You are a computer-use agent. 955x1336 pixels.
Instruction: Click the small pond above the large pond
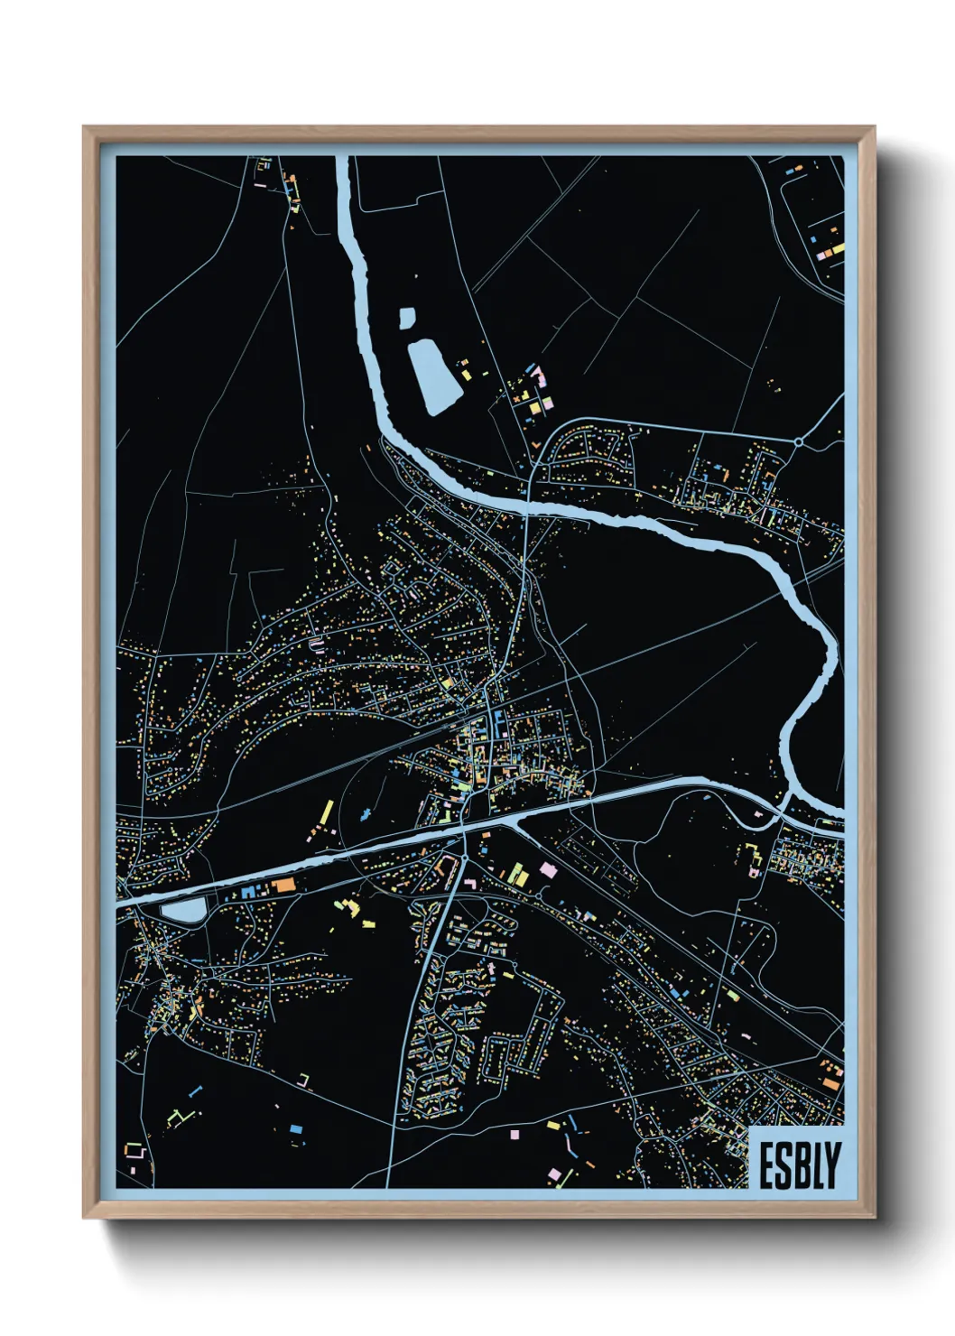point(407,318)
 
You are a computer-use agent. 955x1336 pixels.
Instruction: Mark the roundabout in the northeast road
point(799,441)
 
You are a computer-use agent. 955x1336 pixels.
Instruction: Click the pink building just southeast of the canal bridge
point(545,867)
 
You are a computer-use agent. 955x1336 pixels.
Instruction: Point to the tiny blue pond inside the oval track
point(365,814)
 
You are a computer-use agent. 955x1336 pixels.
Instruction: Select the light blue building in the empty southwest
point(295,1128)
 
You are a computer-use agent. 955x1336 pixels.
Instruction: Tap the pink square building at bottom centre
point(515,1134)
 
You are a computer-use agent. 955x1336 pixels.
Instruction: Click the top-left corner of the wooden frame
point(84,127)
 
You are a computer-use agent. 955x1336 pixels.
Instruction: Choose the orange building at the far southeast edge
point(829,1082)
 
